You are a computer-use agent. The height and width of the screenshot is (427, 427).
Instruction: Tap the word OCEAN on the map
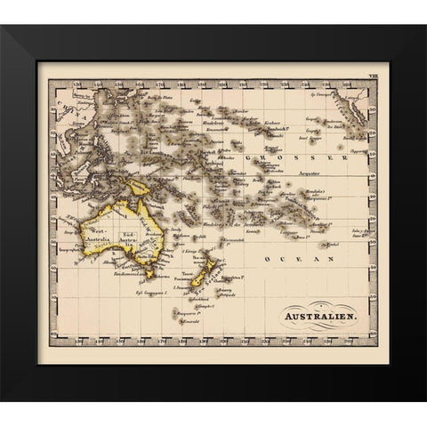(294, 259)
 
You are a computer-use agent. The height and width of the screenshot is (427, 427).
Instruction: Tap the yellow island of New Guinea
(138, 188)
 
